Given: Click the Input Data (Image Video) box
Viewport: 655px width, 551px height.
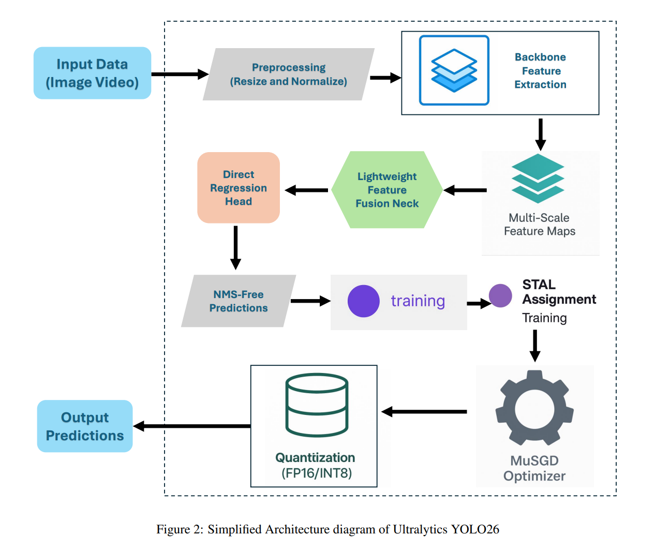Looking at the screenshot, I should pos(92,73).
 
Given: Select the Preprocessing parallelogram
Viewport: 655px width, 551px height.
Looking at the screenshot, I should pos(289,74).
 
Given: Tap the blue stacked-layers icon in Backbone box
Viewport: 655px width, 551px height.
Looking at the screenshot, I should pos(454,70).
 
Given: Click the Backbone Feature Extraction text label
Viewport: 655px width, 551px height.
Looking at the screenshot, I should pos(540,71).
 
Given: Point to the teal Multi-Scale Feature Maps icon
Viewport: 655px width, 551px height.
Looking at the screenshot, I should pos(538,178).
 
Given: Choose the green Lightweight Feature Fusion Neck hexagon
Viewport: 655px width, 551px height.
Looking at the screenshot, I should pos(387,190).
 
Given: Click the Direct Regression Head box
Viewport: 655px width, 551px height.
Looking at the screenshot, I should pos(239,188).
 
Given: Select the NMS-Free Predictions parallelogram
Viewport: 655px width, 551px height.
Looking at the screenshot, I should pos(239,301).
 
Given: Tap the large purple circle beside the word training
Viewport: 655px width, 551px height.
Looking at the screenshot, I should pos(364,301).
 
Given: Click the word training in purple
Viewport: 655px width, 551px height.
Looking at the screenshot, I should pos(418,301).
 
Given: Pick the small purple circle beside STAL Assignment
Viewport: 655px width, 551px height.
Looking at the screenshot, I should pos(500,296).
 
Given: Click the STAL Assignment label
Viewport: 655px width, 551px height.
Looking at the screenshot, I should pos(559,292).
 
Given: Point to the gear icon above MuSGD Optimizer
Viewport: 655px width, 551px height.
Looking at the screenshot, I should pos(534,408).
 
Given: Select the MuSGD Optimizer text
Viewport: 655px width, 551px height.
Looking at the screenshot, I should pos(534,468).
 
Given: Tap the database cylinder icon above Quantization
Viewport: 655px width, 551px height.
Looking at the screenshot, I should pos(317,405).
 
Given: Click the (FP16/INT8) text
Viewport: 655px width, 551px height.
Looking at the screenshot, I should pos(317,473).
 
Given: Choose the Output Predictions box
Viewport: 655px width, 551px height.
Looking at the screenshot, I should pos(85,426).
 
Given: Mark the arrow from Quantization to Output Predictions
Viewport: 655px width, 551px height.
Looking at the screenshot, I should pos(191,426).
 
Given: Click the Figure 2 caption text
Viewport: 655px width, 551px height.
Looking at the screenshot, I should pos(327,529).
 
